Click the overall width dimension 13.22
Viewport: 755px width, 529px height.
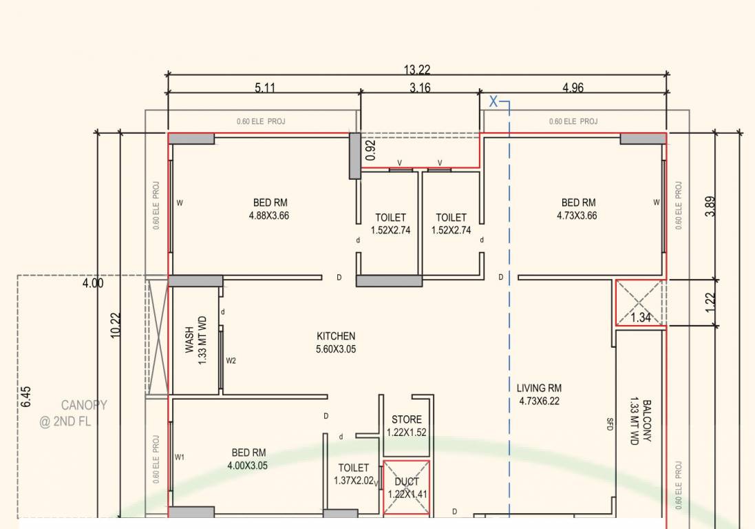pos(418,70)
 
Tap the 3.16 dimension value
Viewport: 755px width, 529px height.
pos(420,87)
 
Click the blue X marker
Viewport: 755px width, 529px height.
pos(493,102)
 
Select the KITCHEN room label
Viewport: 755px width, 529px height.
pos(336,336)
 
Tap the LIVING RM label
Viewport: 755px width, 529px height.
pos(539,388)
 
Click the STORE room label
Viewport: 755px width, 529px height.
pos(407,419)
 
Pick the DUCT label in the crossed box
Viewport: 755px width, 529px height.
pos(407,481)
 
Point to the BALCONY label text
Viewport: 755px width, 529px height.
pos(647,421)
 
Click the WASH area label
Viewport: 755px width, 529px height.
pos(189,340)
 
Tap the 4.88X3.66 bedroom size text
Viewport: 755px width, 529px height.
pos(270,216)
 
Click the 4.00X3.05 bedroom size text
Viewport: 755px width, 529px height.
pos(248,466)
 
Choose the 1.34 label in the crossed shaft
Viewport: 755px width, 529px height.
pos(641,318)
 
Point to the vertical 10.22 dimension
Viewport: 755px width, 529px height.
pos(116,324)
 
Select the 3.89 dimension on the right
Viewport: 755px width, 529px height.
pos(710,207)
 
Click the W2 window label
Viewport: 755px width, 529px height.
pos(231,360)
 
